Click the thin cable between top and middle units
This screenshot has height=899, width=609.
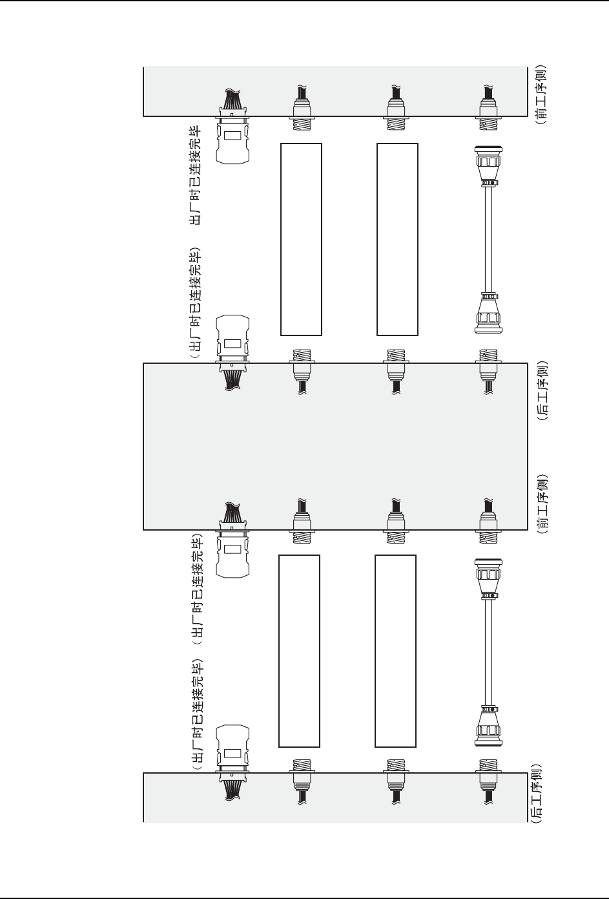pos(490,239)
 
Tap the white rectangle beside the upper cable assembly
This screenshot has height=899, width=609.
pos(397,239)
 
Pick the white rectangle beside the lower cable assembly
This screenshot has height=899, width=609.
pos(395,650)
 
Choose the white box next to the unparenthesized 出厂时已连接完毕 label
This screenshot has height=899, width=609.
pos(301,239)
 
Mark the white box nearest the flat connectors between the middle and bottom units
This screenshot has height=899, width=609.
pos(299,650)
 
